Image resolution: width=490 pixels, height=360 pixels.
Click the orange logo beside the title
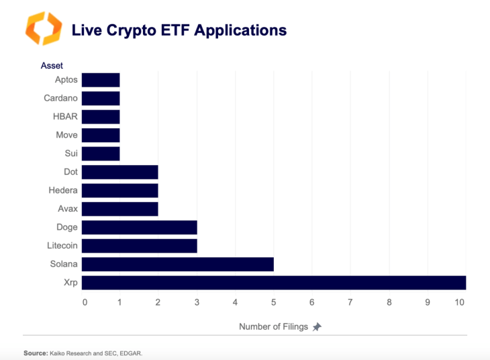point(43,29)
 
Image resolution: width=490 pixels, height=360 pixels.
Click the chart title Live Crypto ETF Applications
point(179,30)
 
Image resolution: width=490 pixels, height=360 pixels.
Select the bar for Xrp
point(274,283)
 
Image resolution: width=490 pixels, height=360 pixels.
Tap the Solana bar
point(178,264)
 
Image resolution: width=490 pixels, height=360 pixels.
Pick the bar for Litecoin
point(140,246)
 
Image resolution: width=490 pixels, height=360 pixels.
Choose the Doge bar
point(140,227)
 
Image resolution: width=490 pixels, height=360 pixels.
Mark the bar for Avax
point(120,209)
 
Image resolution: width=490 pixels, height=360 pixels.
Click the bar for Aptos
point(101,80)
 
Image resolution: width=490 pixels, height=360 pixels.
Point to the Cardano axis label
point(60,98)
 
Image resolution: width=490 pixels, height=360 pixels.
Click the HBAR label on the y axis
point(65,116)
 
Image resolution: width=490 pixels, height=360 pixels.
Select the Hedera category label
point(63,190)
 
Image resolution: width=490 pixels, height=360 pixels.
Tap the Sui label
point(71,153)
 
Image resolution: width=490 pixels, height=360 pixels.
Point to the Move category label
point(66,135)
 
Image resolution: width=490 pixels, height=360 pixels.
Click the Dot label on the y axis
point(70,172)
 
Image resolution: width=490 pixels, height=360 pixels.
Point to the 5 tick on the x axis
point(273,302)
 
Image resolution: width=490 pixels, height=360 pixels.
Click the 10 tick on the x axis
point(459,302)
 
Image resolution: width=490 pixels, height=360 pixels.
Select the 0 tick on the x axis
point(85,302)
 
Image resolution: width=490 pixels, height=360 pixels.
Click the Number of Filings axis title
point(273,326)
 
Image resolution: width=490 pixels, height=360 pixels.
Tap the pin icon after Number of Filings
point(317,327)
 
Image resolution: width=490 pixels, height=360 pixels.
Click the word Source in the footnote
point(35,353)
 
